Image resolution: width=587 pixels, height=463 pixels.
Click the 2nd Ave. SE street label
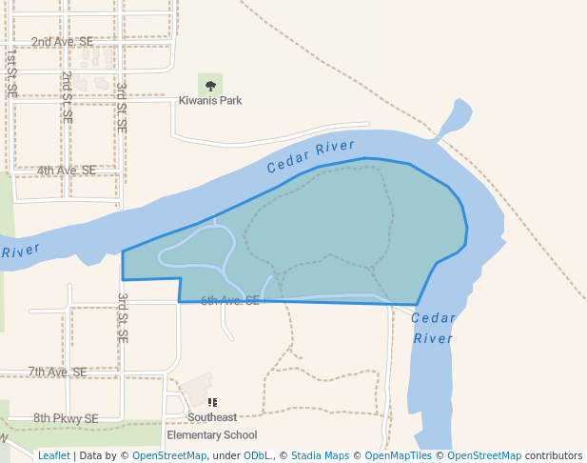(62, 42)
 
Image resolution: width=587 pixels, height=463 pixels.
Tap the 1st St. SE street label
(11, 74)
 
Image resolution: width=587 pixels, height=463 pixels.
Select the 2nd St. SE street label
(67, 97)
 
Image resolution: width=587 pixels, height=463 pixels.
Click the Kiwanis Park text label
(210, 100)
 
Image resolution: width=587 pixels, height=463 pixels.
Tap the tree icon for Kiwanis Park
(210, 86)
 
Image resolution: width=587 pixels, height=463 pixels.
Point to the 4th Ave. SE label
(67, 171)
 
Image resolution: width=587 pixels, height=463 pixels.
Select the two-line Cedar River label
(433, 328)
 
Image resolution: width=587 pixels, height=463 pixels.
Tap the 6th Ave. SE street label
(230, 300)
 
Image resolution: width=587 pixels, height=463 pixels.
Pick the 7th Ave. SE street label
(57, 372)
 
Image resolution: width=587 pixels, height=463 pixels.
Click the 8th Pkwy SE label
(66, 417)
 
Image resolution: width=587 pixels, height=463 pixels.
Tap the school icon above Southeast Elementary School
(212, 403)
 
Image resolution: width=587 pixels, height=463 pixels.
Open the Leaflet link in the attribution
(53, 455)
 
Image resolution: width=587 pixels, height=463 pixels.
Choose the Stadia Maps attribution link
(320, 455)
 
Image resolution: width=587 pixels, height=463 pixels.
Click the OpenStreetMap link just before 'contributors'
(484, 455)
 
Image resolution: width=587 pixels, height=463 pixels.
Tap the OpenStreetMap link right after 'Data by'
(169, 455)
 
